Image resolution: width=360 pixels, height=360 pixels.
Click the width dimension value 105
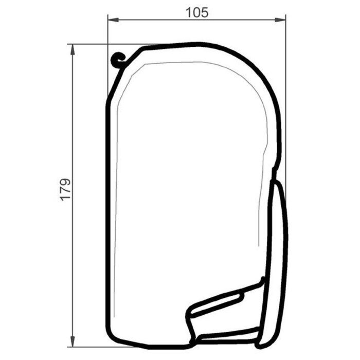[x=197, y=12]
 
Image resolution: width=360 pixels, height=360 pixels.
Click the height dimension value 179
[x=65, y=189]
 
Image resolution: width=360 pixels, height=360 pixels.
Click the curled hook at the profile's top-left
[x=118, y=61]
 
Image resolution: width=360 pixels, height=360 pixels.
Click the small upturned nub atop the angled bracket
[x=262, y=280]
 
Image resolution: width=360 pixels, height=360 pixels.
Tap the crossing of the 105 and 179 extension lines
[x=107, y=44]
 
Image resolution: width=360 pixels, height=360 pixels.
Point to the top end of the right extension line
[x=286, y=15]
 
